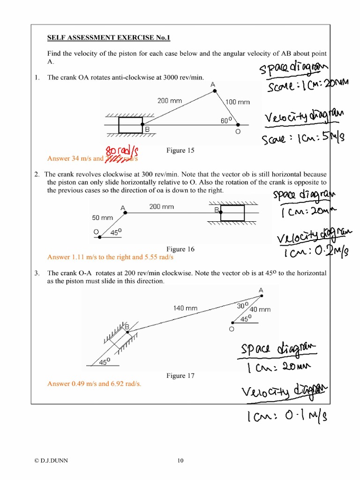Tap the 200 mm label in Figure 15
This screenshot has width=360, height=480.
coord(169,100)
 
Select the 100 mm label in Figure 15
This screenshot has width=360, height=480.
coord(238,101)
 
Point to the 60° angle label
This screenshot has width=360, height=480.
coord(226,120)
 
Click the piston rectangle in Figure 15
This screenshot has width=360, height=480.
coord(131,125)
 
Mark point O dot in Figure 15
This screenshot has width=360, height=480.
coord(238,125)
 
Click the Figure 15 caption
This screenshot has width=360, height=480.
coord(180,150)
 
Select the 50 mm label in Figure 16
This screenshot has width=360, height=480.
coord(103,218)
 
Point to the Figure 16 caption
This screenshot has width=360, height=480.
coord(180,249)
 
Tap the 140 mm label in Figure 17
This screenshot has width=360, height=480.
coord(186,308)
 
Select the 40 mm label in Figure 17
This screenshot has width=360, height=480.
coord(260,309)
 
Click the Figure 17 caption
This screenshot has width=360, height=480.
coord(180,375)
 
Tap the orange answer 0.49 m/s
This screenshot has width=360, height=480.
coord(84,383)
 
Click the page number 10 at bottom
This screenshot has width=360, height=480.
coord(180,461)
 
